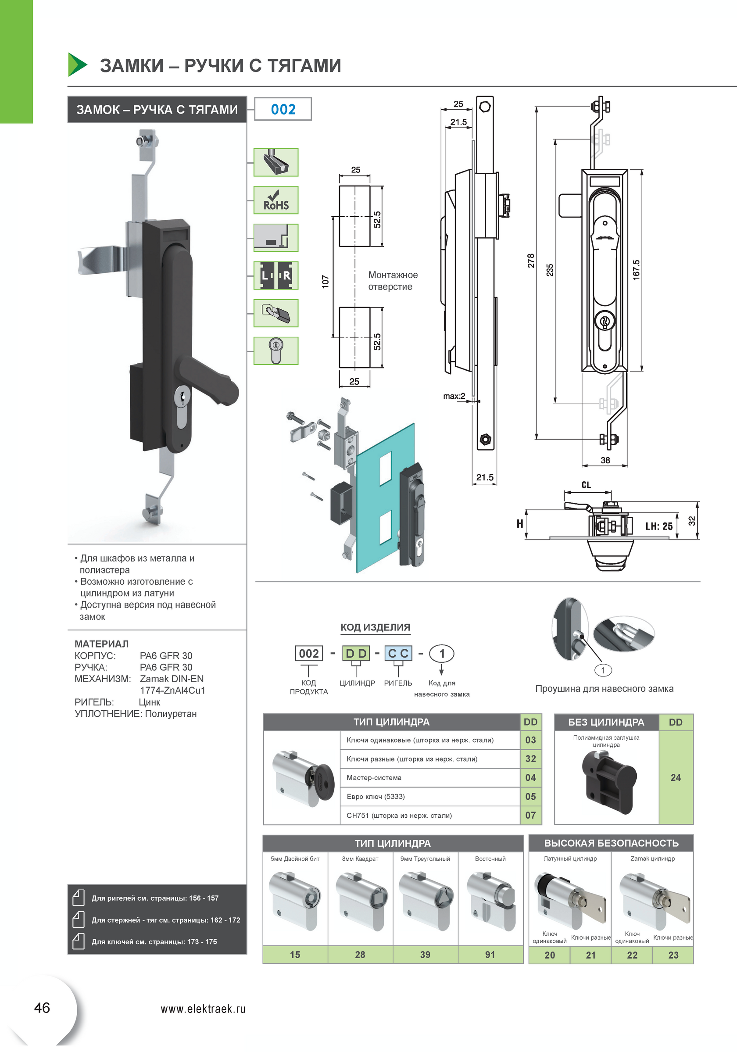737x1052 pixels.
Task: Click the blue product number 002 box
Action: click(x=283, y=109)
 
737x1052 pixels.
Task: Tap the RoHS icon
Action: click(x=276, y=200)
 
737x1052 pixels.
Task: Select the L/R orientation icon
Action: click(x=276, y=276)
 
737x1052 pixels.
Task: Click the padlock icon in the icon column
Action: click(x=276, y=313)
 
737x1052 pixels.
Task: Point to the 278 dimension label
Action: click(x=531, y=261)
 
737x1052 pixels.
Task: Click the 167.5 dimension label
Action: click(x=636, y=270)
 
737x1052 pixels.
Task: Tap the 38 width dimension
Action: click(x=605, y=461)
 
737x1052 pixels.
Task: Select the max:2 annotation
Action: click(x=454, y=396)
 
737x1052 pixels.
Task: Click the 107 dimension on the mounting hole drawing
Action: click(x=325, y=281)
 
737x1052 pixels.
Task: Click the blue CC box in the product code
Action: click(x=398, y=653)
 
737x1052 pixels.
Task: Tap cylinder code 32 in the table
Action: click(x=531, y=759)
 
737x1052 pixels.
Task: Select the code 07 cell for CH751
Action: click(x=531, y=815)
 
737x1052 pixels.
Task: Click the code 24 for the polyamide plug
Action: click(x=676, y=777)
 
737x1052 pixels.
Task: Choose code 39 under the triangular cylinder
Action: click(x=426, y=955)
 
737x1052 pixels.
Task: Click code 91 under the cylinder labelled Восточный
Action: click(x=490, y=955)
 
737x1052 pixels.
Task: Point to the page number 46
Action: click(x=42, y=1008)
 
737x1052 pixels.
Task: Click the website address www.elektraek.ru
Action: click(x=203, y=1009)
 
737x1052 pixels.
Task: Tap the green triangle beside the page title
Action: click(x=77, y=64)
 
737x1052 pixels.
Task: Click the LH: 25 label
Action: click(x=658, y=526)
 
